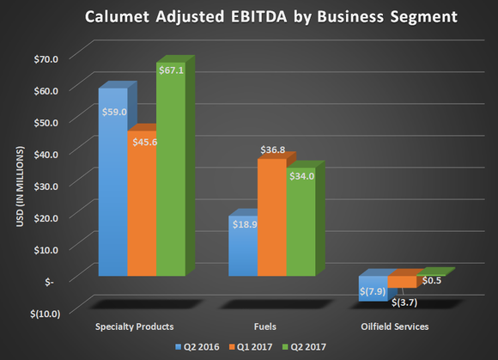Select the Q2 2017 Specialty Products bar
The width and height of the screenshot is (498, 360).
pos(168,172)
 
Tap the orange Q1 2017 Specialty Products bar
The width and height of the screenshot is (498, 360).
pos(141,206)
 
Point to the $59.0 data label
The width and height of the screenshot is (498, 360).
pos(115,112)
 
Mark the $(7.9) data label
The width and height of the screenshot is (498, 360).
pos(372,291)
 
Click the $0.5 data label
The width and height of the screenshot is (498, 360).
pos(432,279)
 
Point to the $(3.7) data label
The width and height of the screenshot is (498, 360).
pos(404,302)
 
